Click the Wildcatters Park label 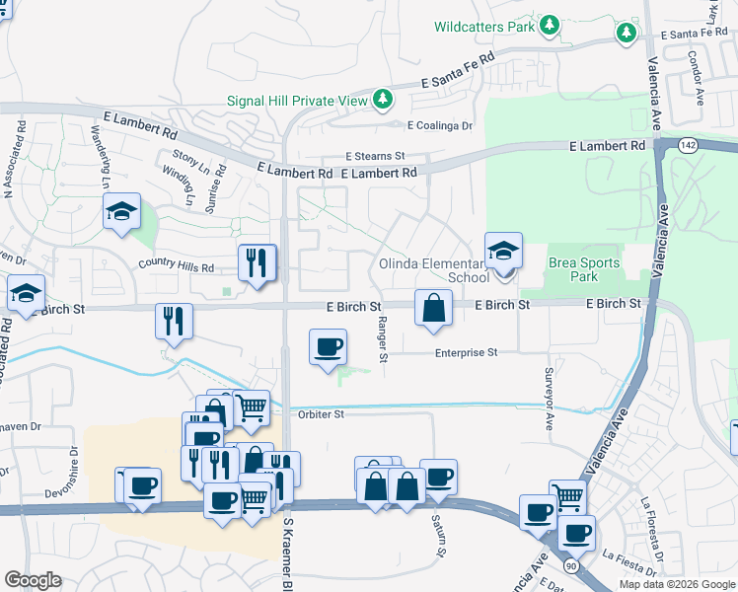tap(484, 27)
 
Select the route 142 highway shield tap(689, 145)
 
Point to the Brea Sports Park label tap(584, 270)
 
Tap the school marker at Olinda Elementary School tap(503, 252)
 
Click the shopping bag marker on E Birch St tap(433, 309)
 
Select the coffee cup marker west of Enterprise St tap(328, 347)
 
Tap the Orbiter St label tap(321, 414)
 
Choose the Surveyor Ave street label tap(549, 399)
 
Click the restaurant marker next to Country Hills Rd tap(257, 263)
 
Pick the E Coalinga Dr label tap(440, 125)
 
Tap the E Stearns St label tap(375, 156)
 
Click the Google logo tap(34, 579)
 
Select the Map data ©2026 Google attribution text tap(676, 584)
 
